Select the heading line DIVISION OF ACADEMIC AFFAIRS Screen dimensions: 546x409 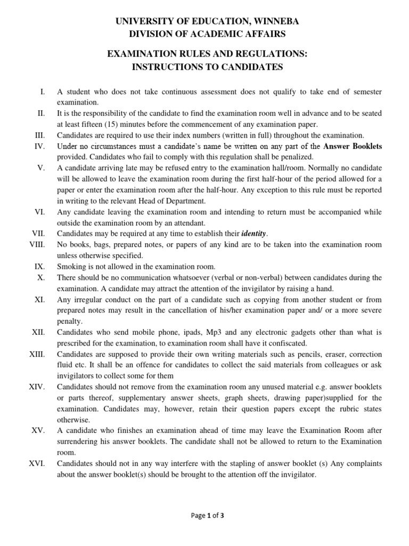pos(204,35)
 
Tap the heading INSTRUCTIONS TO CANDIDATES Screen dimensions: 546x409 pos(204,67)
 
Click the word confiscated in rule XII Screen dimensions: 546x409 pos(294,343)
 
